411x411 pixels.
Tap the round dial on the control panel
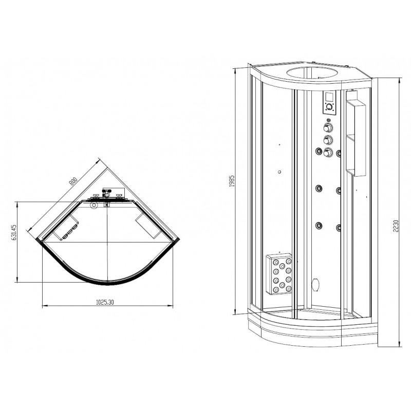click(x=329, y=107)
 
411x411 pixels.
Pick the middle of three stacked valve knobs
click(x=327, y=140)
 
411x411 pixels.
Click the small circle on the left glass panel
click(x=278, y=172)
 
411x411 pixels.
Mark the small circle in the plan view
click(x=94, y=205)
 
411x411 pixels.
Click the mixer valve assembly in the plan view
click(x=107, y=196)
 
